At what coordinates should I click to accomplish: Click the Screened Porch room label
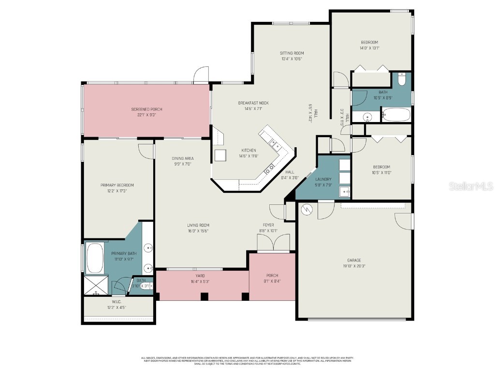click(144, 109)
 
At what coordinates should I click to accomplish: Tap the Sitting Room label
click(291, 53)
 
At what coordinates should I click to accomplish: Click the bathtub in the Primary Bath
click(95, 258)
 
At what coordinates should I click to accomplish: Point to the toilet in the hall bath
click(402, 79)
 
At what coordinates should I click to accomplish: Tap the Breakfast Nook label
click(253, 103)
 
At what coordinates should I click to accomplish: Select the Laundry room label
click(323, 179)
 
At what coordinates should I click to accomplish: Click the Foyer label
click(268, 225)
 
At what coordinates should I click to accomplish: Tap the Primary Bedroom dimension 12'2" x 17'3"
click(117, 191)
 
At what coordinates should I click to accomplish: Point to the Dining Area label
click(182, 158)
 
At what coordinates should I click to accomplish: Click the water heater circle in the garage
click(306, 210)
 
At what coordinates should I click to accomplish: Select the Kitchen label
click(248, 150)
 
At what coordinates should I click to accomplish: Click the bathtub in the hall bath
click(396, 115)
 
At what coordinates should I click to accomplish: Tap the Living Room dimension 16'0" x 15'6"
click(198, 231)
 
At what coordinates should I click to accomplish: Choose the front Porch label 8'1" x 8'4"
click(272, 281)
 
